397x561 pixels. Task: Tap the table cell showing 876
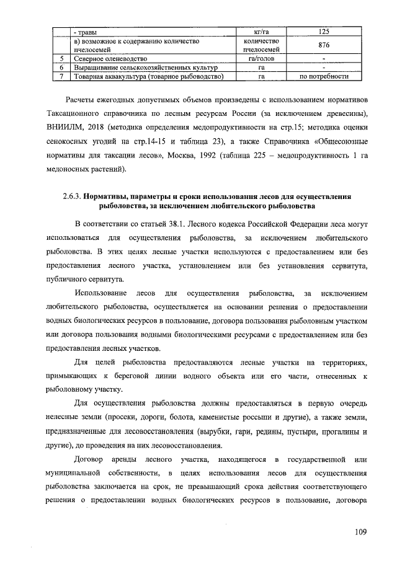click(x=323, y=45)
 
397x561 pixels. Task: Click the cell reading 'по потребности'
click(x=323, y=77)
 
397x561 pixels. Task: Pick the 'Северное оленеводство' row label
click(x=108, y=59)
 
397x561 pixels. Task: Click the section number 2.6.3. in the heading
click(x=72, y=195)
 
